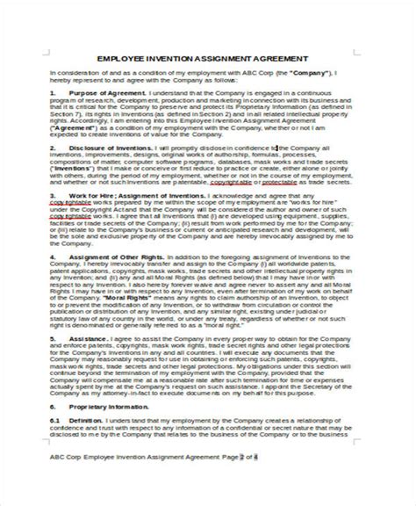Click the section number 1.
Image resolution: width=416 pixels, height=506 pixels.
(x=54, y=91)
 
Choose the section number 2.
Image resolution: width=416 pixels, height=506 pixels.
(x=54, y=148)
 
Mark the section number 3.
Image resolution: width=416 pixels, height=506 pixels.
(x=54, y=197)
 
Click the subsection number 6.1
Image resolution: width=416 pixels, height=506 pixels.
(x=54, y=396)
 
